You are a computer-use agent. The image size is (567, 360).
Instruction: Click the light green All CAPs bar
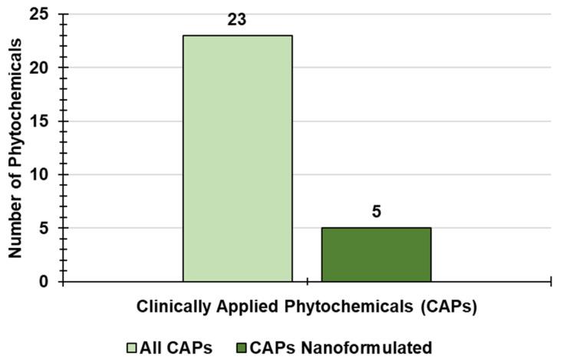point(237,158)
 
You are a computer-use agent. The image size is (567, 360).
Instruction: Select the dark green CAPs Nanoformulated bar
point(376,255)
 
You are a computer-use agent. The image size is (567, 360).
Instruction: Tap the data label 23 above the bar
point(236,20)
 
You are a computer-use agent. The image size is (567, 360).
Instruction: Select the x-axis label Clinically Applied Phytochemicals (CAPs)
point(308,307)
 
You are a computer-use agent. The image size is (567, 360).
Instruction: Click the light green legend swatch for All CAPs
point(132,347)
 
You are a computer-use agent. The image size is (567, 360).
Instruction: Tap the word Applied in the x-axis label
point(239,307)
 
